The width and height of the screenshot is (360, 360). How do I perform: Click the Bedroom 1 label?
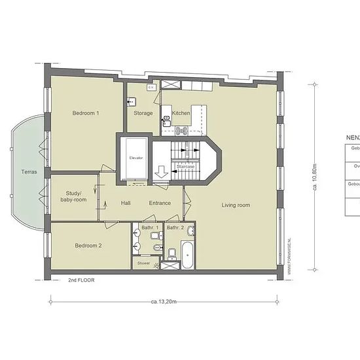[86, 113]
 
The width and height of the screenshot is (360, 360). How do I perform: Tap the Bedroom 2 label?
[88, 245]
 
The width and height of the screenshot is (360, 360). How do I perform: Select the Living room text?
[236, 206]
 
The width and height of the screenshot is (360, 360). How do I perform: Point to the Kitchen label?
[182, 113]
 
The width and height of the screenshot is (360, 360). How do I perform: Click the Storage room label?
[143, 113]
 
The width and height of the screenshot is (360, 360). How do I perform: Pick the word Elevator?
[136, 158]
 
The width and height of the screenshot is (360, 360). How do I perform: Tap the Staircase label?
[186, 167]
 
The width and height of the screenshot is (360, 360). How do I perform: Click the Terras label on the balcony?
[27, 173]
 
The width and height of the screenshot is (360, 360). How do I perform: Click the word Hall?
[126, 203]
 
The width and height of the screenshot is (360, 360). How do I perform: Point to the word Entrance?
[160, 203]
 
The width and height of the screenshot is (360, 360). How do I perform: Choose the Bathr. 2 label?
[175, 227]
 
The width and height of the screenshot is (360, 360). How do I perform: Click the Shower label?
[143, 263]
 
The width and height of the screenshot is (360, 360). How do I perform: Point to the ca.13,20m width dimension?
[164, 302]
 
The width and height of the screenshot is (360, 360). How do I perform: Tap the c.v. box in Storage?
[151, 86]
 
